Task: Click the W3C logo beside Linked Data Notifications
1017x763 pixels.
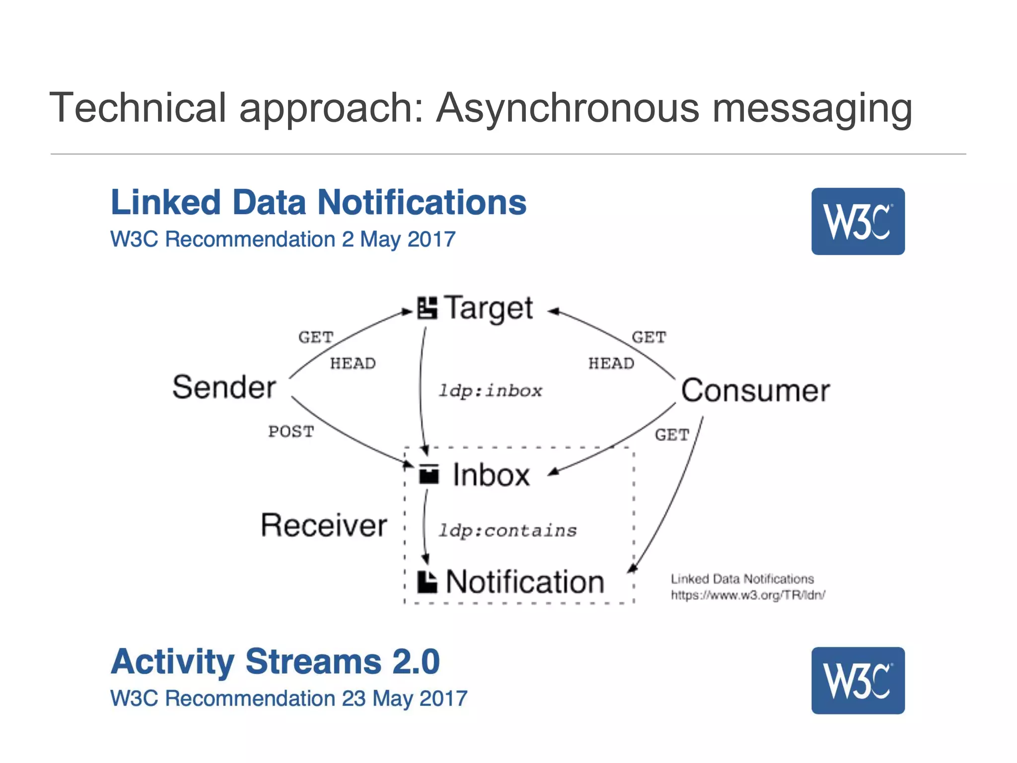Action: (x=858, y=222)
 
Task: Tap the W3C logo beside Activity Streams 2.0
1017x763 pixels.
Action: (x=858, y=681)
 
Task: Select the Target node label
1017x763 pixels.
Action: (x=488, y=308)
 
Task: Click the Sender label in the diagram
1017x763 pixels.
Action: (x=224, y=387)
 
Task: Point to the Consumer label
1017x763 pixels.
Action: (x=755, y=390)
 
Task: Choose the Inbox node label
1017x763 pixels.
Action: (x=491, y=475)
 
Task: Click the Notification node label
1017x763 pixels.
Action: (x=525, y=582)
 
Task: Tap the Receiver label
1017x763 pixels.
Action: (x=324, y=526)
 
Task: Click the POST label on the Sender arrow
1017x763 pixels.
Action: (x=291, y=431)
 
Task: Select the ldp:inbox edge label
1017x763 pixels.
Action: (x=490, y=391)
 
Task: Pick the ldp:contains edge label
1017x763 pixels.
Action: (x=507, y=531)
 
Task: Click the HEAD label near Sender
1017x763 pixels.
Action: (x=353, y=364)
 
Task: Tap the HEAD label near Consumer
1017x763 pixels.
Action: (x=611, y=364)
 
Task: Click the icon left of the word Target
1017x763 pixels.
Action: (x=427, y=308)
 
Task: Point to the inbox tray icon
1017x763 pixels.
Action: (x=429, y=474)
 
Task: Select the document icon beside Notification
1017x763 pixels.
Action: (x=427, y=582)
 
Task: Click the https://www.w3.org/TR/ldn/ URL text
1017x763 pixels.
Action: (x=748, y=595)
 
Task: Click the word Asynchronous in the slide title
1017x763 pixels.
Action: (x=568, y=108)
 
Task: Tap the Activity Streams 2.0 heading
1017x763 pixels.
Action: (x=275, y=662)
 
